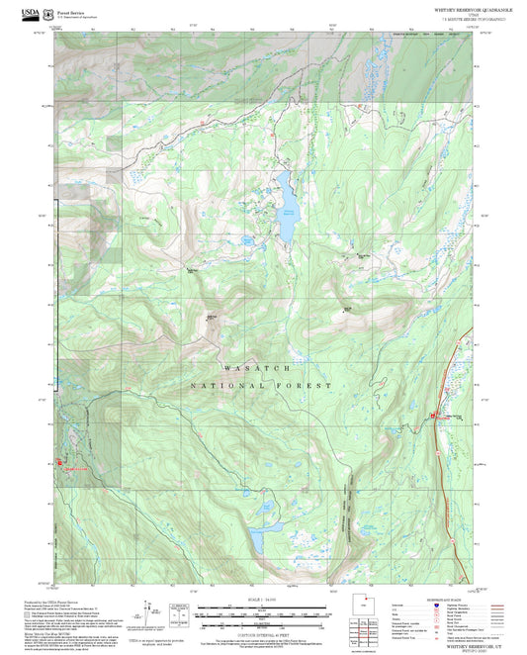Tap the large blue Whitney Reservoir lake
tap(287, 209)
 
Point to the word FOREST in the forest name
tap(306, 384)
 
